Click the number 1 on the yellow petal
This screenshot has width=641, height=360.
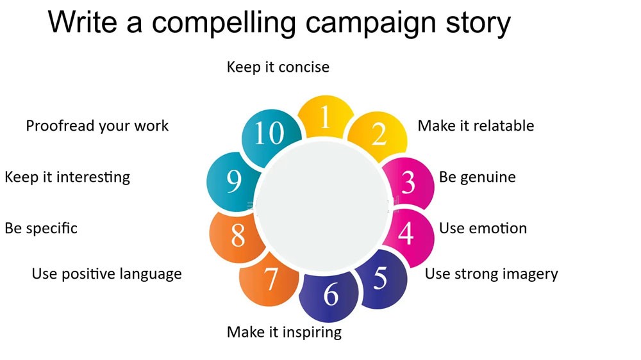pos(325,118)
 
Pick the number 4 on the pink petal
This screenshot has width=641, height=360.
pos(406,233)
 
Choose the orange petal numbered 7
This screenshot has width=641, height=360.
pos(271,279)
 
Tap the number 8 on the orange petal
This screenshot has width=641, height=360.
pos(238,235)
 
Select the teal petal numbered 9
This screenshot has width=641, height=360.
pos(234,183)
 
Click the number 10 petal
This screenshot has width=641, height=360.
pos(269,134)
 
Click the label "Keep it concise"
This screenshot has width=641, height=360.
pos(278,67)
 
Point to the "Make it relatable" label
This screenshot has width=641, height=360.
pos(476,126)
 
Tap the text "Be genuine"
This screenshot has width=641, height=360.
pos(477,177)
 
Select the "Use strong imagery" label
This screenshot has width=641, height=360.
pos(492,274)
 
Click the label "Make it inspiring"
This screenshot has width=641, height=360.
pos(284,332)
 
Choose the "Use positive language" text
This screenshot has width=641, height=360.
pos(106,274)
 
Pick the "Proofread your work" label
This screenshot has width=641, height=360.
pos(97,126)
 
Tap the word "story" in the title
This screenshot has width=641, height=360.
pos(473,23)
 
